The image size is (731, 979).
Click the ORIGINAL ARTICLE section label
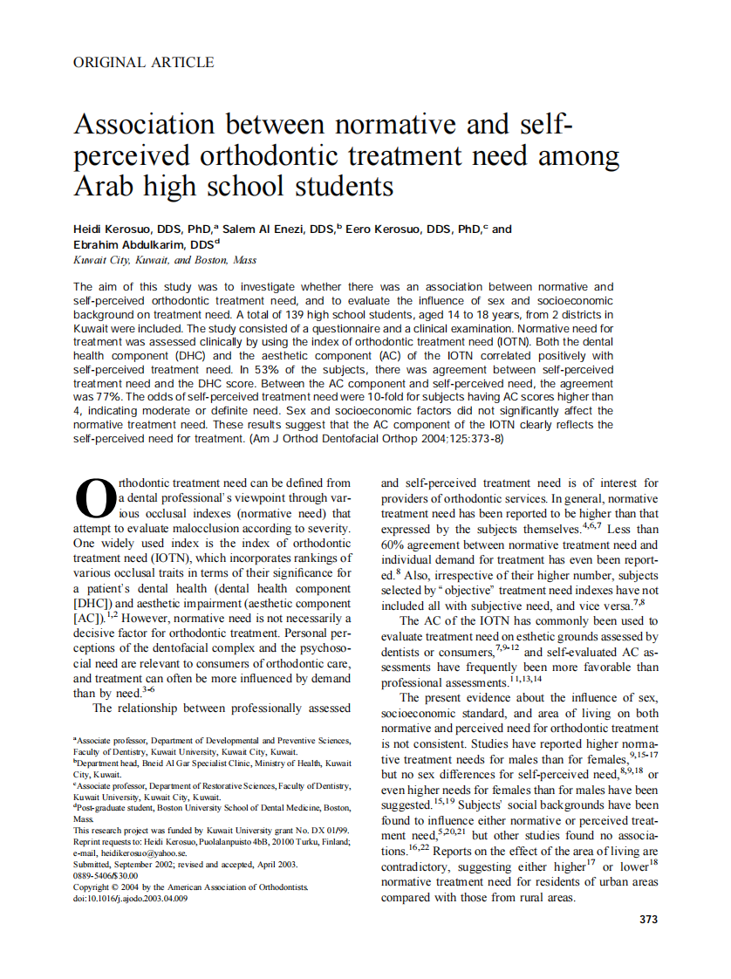pyautogui.click(x=144, y=62)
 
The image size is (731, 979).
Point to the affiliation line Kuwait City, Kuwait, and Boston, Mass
pyautogui.click(x=165, y=260)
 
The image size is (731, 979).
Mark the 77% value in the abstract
pyautogui.click(x=101, y=397)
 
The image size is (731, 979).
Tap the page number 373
pyautogui.click(x=648, y=919)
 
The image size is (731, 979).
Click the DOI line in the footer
pyautogui.click(x=130, y=898)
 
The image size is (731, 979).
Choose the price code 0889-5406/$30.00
pyautogui.click(x=106, y=875)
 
